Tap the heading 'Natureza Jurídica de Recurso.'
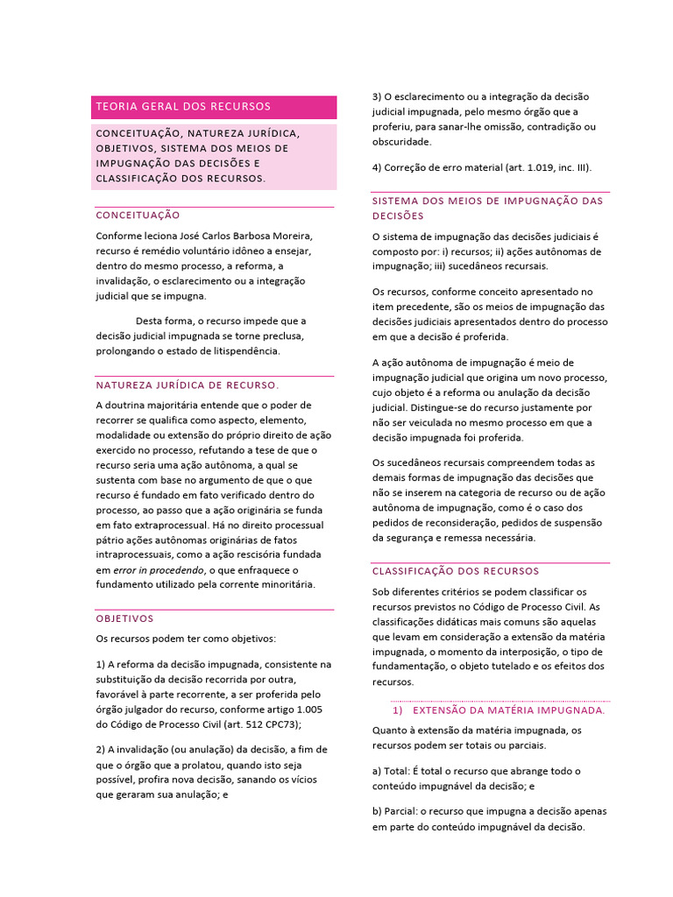point(187,385)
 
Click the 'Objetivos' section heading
point(124,618)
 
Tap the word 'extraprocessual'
point(156,525)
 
